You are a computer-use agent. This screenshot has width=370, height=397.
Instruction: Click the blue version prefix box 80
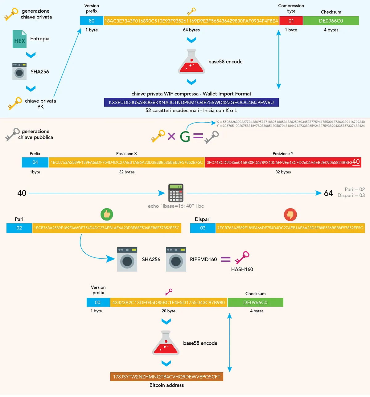point(92,21)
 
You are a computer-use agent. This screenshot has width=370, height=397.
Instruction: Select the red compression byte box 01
point(291,21)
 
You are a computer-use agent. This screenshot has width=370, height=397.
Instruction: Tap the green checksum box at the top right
point(331,21)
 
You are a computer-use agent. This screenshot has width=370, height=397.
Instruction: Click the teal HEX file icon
point(19,39)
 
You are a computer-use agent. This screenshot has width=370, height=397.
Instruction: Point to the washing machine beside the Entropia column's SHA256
point(19,72)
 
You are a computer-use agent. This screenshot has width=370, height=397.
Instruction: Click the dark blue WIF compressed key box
point(191,102)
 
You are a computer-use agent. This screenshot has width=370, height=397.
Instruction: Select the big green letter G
point(185,136)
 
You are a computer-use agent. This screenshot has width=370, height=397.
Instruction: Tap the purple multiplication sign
point(171,136)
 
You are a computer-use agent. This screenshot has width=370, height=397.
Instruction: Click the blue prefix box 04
point(35,162)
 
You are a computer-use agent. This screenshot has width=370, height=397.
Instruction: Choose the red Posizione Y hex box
point(283,162)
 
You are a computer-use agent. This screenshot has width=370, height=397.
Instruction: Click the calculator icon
point(176,193)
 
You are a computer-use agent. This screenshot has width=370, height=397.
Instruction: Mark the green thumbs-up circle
point(107,214)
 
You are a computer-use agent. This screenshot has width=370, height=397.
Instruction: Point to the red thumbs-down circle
point(290,215)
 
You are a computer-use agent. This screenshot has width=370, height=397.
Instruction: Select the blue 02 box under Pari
point(19,228)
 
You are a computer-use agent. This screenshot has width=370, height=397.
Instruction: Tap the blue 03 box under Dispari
point(203,228)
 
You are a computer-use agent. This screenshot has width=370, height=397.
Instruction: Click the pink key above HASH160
point(242,257)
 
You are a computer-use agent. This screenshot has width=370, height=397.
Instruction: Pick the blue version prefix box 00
point(98,302)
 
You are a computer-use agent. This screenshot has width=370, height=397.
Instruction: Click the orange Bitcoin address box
point(166,377)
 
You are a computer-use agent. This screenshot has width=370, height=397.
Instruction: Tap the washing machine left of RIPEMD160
point(176,259)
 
